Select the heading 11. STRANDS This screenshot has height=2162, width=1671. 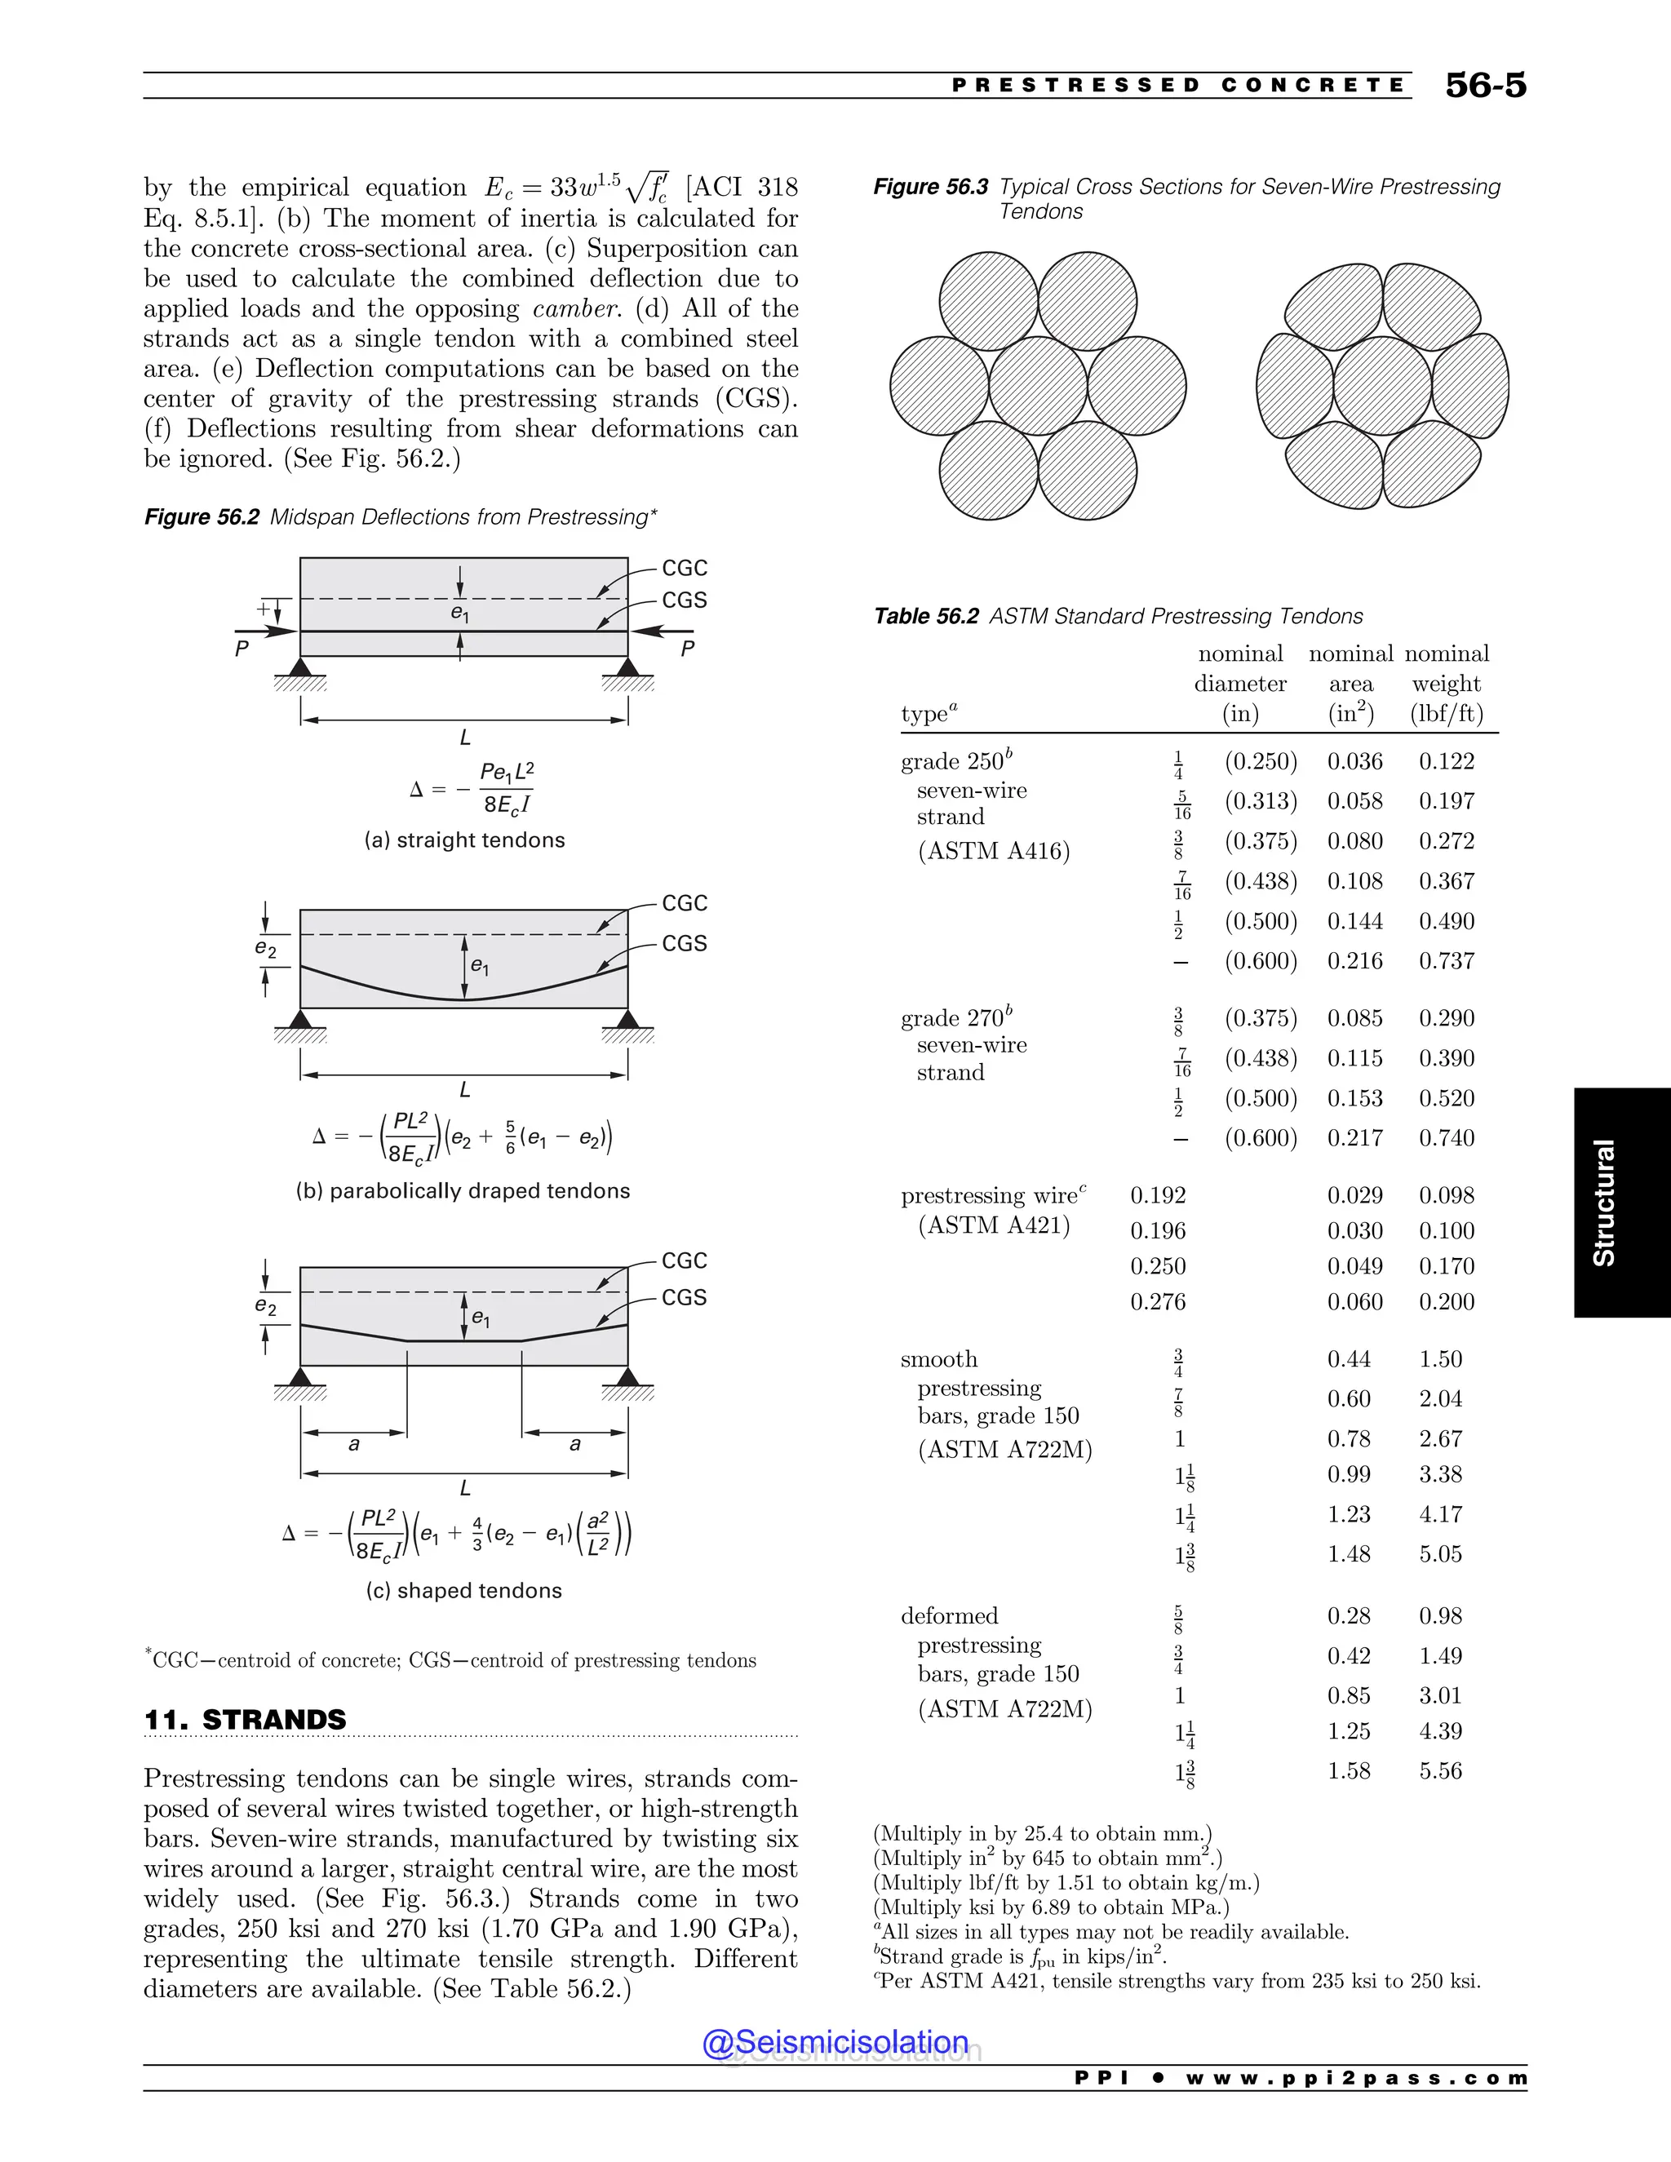click(x=246, y=1720)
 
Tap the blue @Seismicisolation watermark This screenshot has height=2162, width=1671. click(x=835, y=2042)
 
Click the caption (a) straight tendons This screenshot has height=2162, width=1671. click(x=464, y=840)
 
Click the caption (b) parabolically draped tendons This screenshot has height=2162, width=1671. click(x=463, y=1191)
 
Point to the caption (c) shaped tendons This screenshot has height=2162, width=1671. click(x=463, y=1591)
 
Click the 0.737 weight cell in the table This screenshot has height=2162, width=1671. click(x=1447, y=961)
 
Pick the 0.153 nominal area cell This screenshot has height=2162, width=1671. click(x=1354, y=1099)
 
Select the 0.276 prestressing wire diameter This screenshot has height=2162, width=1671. click(x=1157, y=1302)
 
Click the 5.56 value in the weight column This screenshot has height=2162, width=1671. click(x=1439, y=1771)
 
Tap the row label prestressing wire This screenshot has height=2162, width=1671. click(x=993, y=1196)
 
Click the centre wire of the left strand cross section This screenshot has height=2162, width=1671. click(x=1038, y=385)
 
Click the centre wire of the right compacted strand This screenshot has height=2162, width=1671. click(x=1382, y=385)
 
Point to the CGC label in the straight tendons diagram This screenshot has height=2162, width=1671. click(x=684, y=568)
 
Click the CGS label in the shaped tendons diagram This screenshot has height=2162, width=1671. click(x=684, y=1298)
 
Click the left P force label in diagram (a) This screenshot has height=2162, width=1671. click(x=242, y=649)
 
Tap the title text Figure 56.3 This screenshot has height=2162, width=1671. click(x=929, y=187)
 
